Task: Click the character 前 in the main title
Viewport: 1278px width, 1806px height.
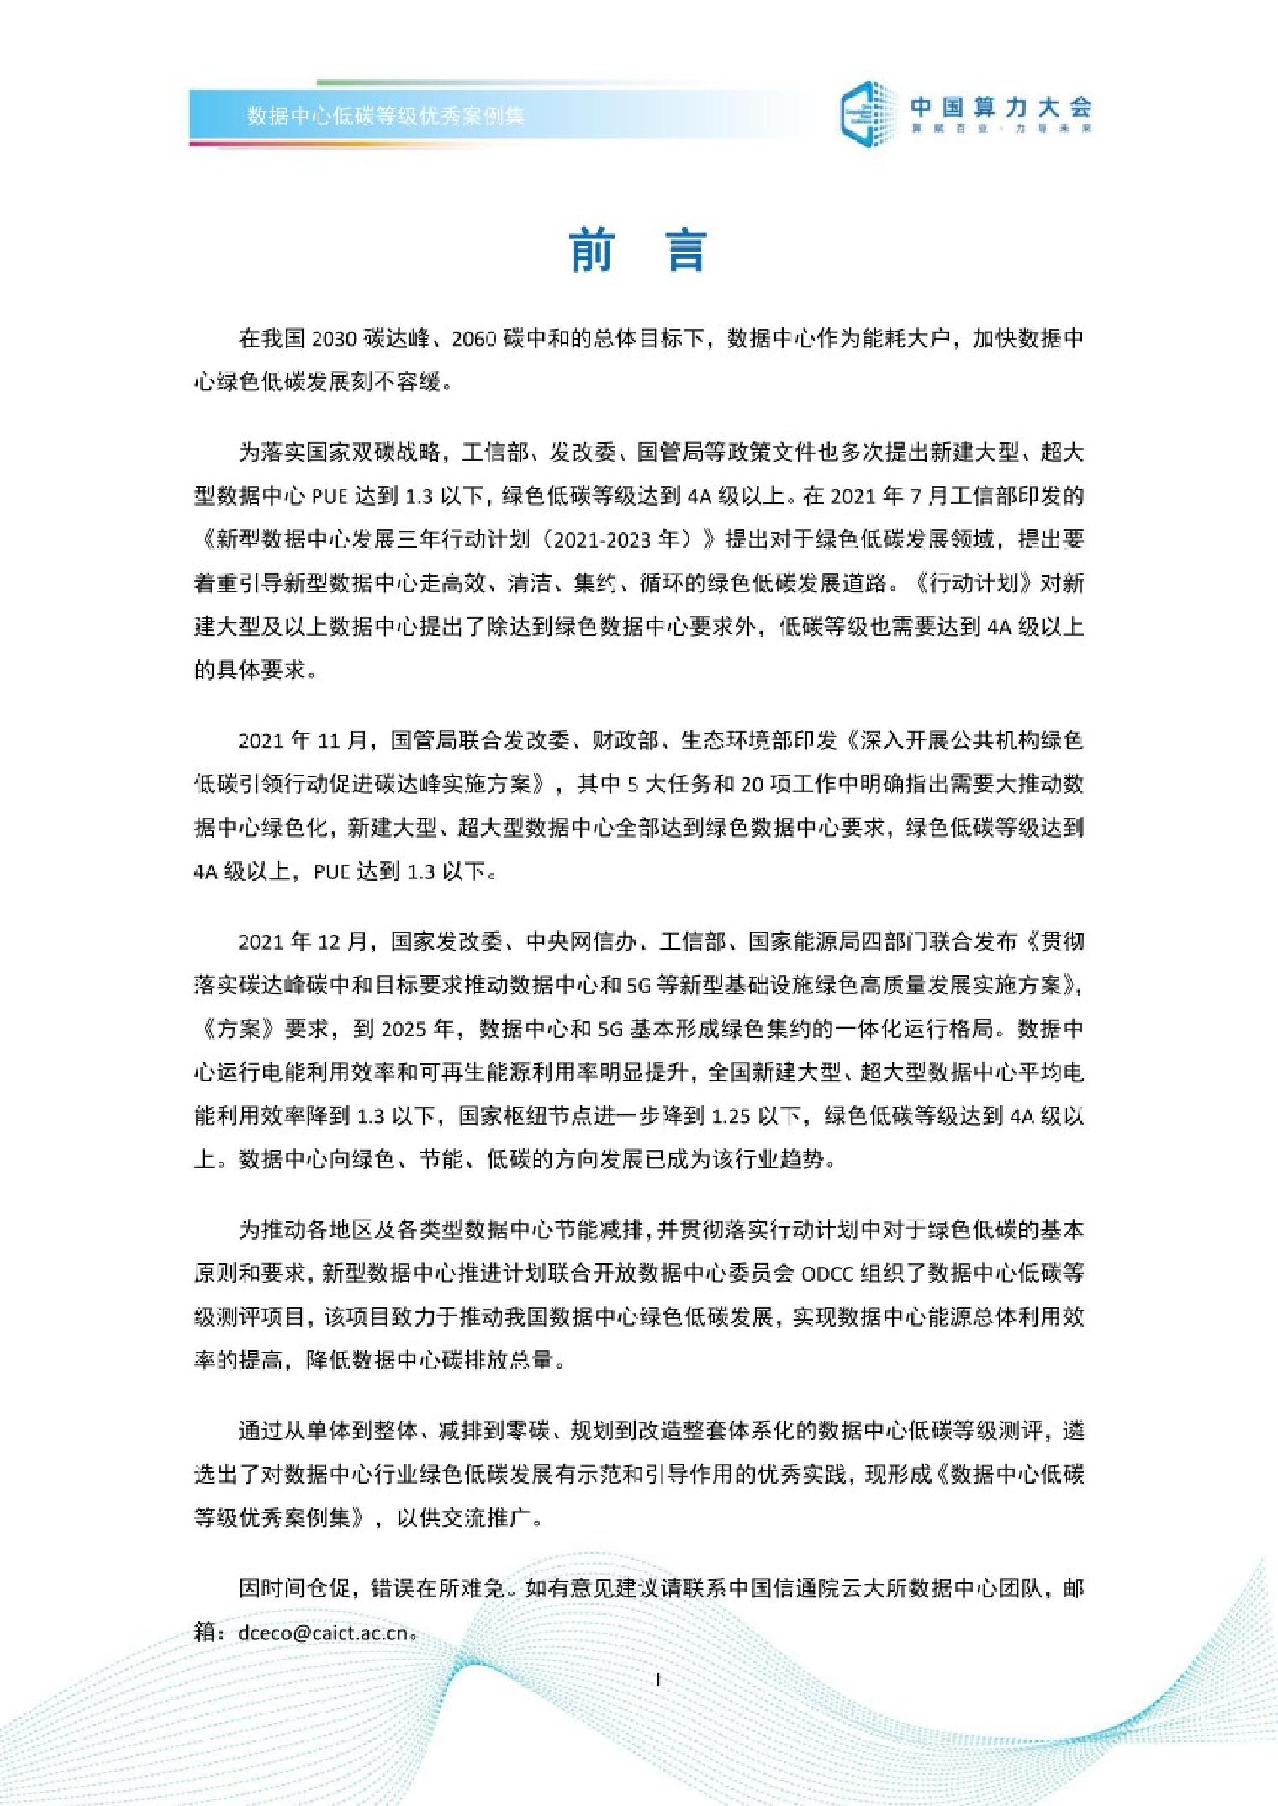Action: point(592,250)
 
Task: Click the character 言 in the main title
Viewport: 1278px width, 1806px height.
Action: point(686,250)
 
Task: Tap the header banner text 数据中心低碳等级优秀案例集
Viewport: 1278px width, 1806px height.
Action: point(386,116)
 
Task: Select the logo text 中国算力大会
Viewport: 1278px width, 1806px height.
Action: point(1001,107)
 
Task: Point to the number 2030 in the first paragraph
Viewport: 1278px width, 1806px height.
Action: point(335,339)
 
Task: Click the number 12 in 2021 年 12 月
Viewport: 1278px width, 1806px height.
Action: point(330,942)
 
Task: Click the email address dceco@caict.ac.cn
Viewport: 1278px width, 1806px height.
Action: point(324,1634)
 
